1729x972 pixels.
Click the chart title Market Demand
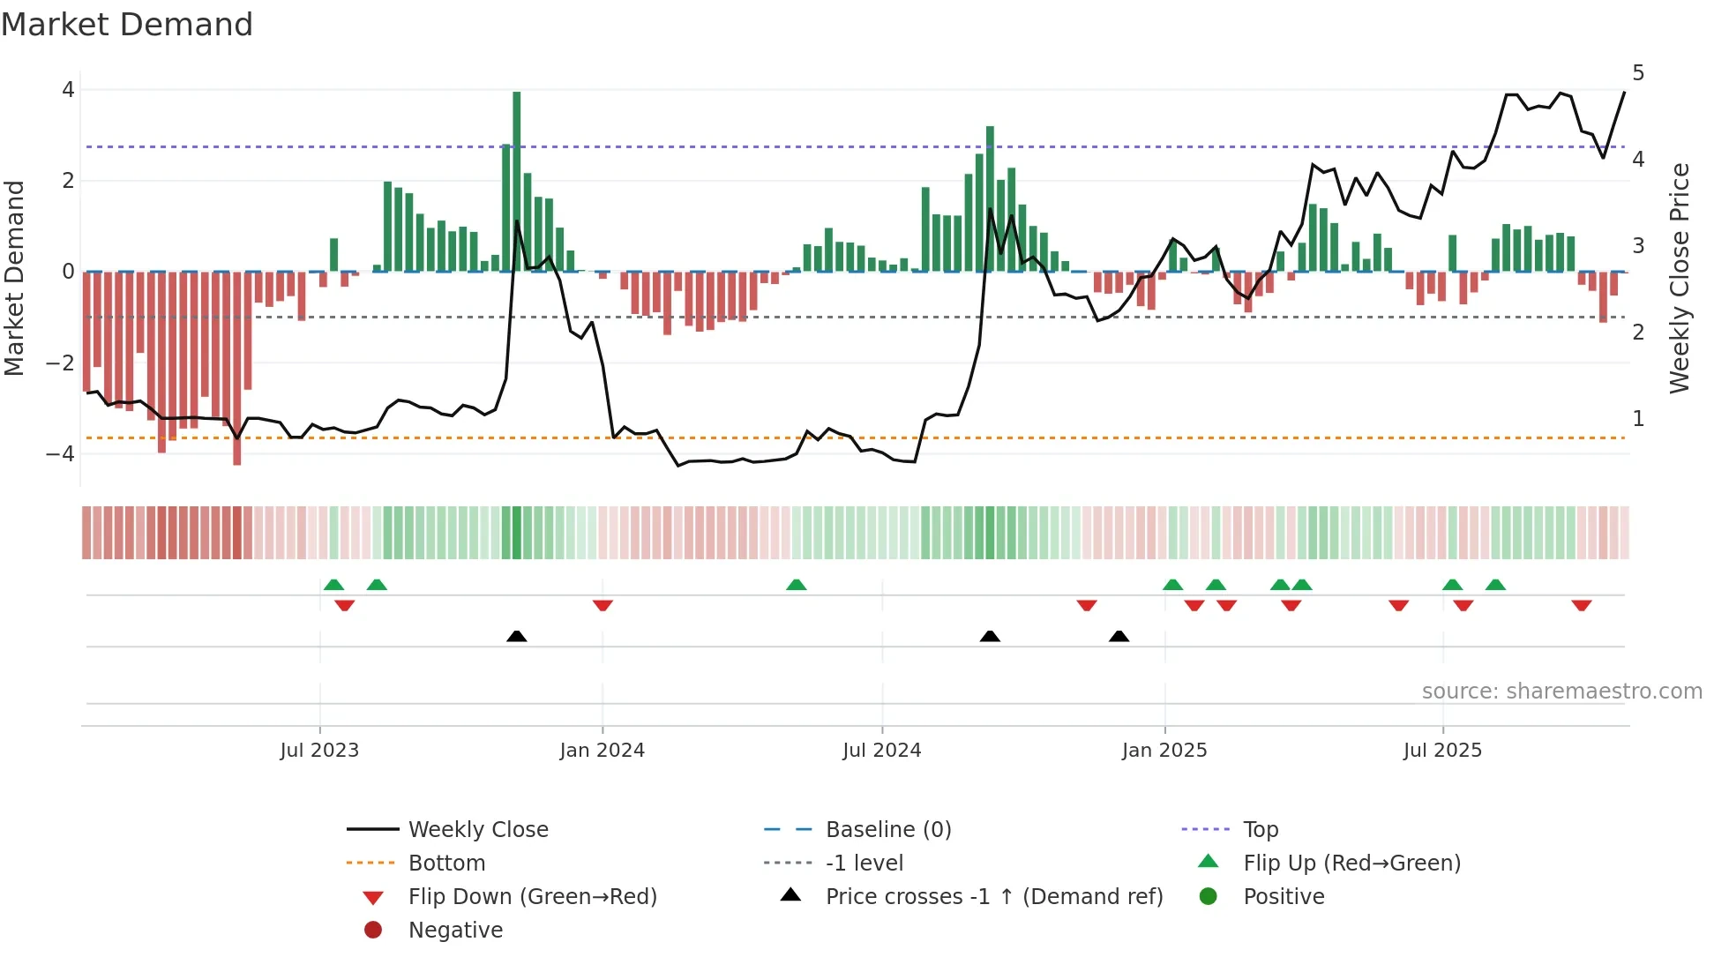(127, 25)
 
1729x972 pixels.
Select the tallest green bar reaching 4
(517, 181)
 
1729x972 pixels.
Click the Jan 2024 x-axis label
(603, 751)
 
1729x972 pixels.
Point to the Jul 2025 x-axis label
(1442, 751)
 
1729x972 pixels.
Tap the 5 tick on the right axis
(1638, 73)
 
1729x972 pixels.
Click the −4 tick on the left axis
(61, 454)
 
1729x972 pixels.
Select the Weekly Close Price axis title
(1680, 278)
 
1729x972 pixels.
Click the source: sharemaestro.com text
(1561, 692)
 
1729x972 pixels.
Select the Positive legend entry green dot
(1209, 897)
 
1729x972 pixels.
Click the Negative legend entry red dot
(373, 931)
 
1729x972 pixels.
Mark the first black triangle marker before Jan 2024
(517, 636)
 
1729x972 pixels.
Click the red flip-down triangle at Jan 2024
(603, 605)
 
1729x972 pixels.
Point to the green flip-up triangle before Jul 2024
(797, 585)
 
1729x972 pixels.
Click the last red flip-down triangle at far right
(1582, 605)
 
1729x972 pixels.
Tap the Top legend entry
(1261, 830)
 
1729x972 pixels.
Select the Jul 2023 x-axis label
(319, 751)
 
